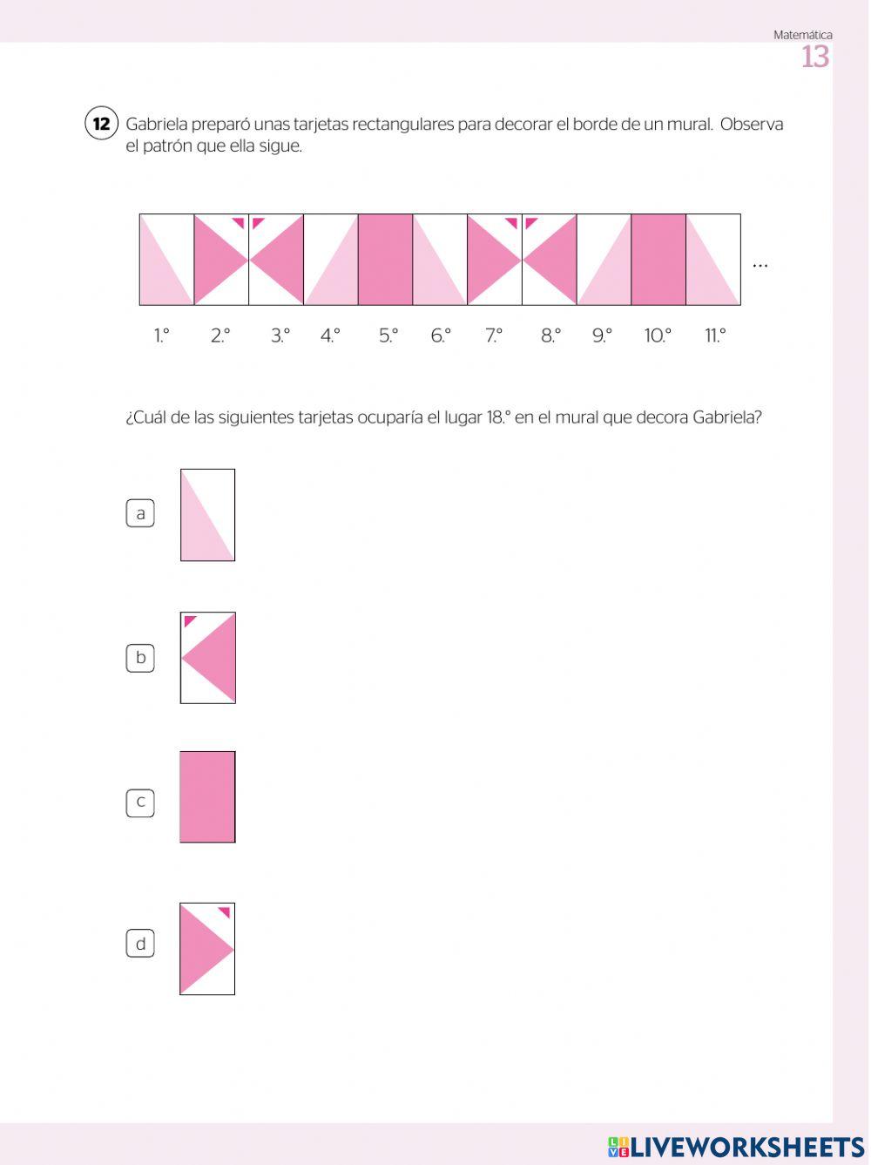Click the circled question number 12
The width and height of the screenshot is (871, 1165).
click(101, 124)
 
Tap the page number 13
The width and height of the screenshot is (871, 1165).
click(815, 58)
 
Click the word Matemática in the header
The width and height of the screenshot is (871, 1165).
click(802, 35)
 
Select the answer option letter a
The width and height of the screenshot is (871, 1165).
click(140, 513)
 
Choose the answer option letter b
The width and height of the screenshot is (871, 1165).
click(140, 658)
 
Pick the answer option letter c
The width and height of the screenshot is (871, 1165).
click(140, 802)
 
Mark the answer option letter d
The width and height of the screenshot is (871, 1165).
click(140, 944)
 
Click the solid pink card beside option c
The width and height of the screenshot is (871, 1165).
click(207, 797)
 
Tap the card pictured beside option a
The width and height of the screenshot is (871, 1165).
click(207, 515)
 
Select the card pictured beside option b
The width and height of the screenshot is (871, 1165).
click(208, 658)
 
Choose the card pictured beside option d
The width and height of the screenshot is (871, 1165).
click(207, 949)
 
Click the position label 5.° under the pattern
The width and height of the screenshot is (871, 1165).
click(388, 336)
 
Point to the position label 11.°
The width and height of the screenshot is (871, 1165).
click(715, 336)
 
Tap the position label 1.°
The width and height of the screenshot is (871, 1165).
click(162, 336)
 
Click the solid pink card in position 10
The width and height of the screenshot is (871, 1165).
click(658, 260)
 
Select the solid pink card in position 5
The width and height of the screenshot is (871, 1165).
click(385, 260)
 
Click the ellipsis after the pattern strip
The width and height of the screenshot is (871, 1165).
click(760, 265)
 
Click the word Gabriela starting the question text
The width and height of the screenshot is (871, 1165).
click(156, 125)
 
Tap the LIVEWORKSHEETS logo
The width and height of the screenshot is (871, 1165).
click(736, 1147)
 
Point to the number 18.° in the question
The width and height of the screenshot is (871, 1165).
click(496, 417)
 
